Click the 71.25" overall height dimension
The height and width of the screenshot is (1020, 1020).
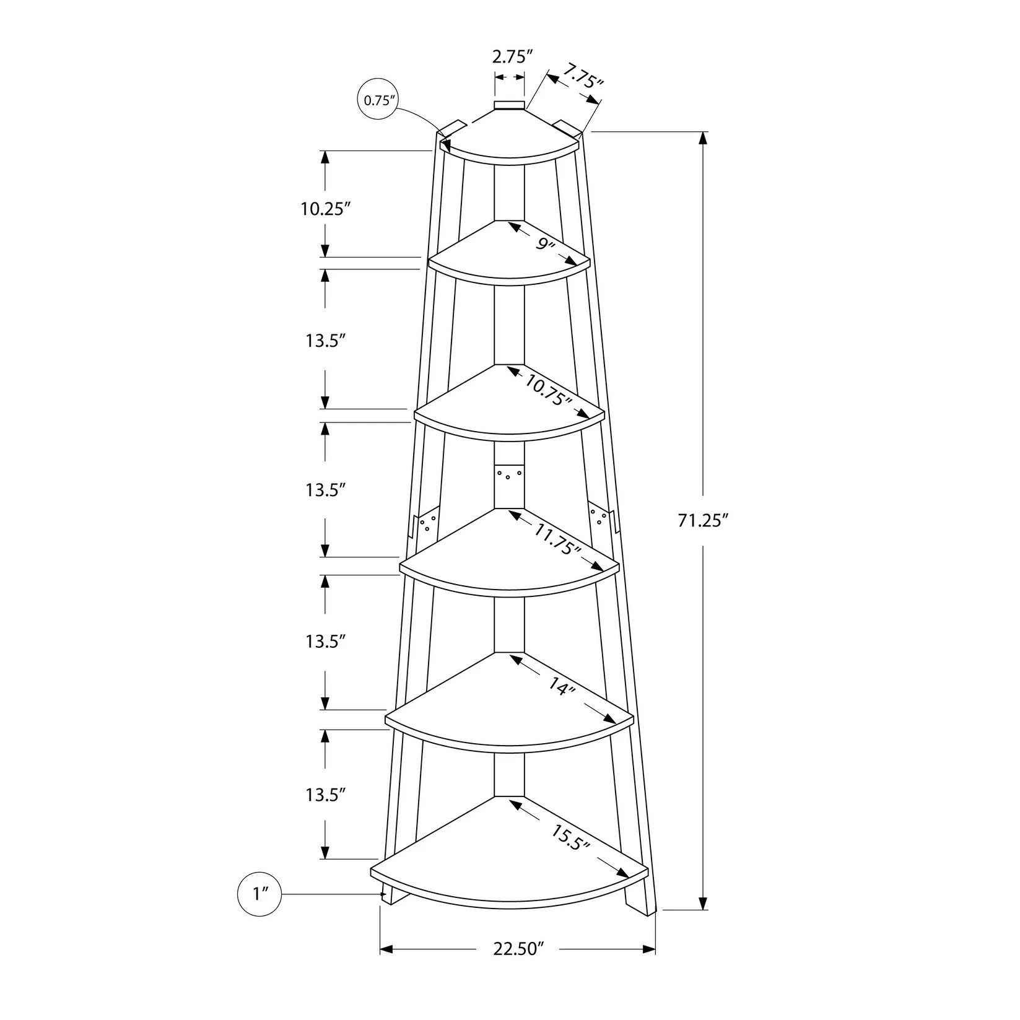pyautogui.click(x=700, y=521)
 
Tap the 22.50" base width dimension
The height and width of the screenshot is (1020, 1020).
pyautogui.click(x=518, y=966)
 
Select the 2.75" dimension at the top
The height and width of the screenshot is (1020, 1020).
pyautogui.click(x=513, y=58)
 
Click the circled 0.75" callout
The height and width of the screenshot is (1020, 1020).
pyautogui.click(x=377, y=100)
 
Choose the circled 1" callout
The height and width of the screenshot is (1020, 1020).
pyautogui.click(x=259, y=894)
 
